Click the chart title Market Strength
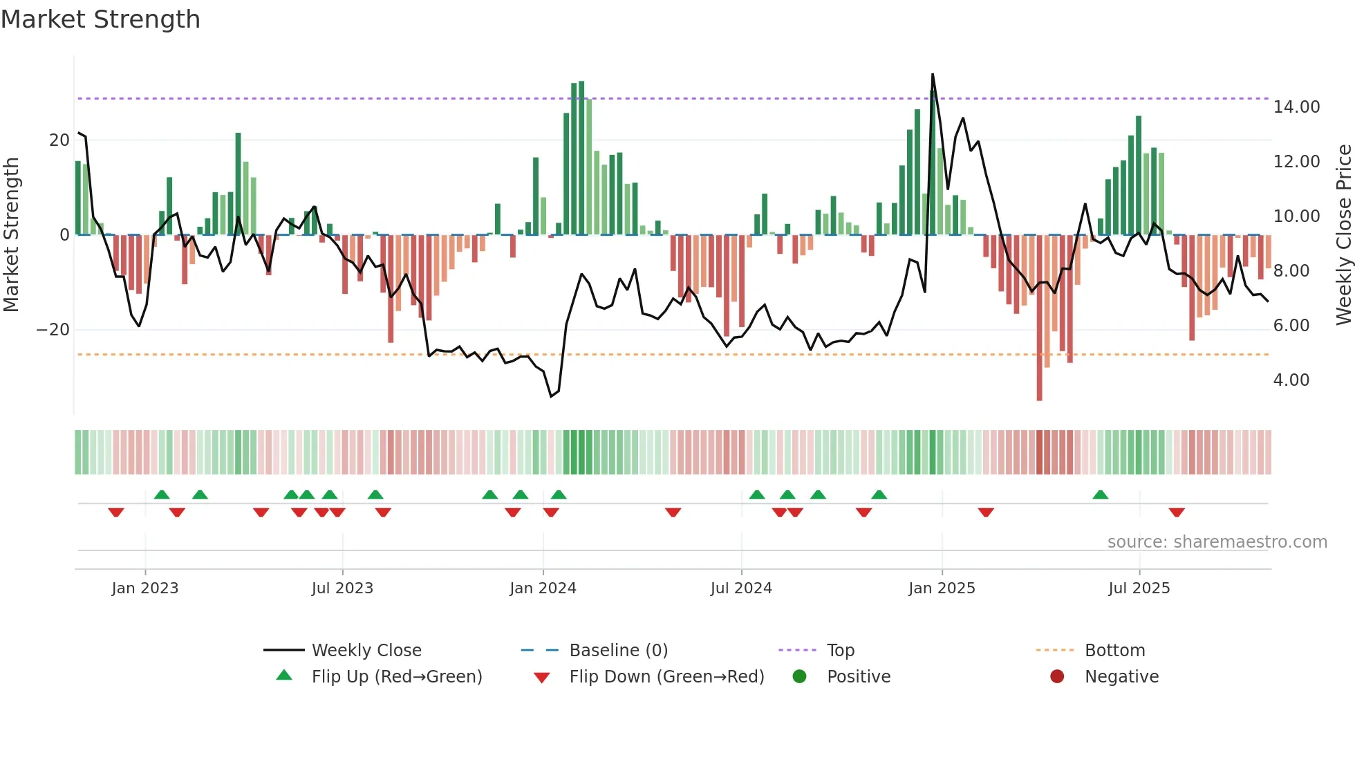tap(101, 19)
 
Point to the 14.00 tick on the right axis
tap(1296, 107)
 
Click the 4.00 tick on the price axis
tap(1291, 380)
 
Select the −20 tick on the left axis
tap(53, 330)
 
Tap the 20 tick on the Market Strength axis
tap(59, 140)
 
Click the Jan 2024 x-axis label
tap(543, 588)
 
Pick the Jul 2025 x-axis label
tap(1139, 588)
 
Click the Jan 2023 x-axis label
tap(145, 588)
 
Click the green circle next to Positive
tap(799, 677)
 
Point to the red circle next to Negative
tap(1057, 677)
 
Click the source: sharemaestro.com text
tap(1217, 542)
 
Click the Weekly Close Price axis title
tap(1343, 235)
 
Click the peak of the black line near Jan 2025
tap(933, 75)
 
